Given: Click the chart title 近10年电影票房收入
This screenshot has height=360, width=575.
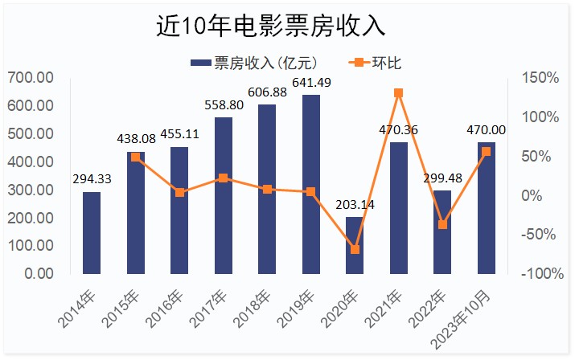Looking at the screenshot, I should point(271,27).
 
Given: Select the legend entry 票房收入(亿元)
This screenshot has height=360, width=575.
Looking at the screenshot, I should point(257,62).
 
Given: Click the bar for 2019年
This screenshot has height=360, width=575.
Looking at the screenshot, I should point(311,184).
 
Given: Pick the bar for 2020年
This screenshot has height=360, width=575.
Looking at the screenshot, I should point(355,245).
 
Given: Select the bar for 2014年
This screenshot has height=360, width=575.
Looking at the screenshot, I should point(92,233).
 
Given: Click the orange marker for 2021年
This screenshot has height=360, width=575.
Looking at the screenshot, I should point(399,93).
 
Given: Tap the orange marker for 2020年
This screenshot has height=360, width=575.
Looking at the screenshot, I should point(355,249).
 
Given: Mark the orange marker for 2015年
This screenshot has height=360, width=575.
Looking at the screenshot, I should point(136,157).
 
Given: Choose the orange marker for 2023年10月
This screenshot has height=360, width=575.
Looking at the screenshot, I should point(486,151).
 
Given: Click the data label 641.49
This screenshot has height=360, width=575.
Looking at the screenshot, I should point(311,83).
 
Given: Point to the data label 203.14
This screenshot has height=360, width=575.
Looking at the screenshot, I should point(355,205).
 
